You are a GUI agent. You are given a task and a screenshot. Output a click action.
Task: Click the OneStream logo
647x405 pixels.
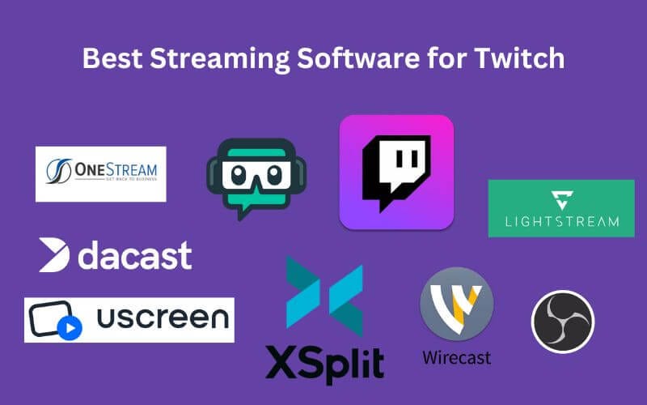(x=100, y=173)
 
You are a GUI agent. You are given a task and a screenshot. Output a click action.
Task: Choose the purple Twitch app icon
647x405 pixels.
(x=396, y=172)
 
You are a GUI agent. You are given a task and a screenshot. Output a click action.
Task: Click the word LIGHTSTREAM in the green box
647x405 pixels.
(x=560, y=221)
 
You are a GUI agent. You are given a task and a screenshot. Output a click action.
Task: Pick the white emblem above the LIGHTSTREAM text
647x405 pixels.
(x=561, y=199)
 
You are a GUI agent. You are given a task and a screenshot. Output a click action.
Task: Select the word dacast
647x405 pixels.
(x=134, y=256)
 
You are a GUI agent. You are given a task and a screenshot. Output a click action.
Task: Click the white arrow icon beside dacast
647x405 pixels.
(x=55, y=256)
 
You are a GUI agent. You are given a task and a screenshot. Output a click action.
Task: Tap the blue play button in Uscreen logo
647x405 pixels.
(x=70, y=327)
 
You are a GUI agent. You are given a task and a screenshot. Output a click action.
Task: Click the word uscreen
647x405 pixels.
(x=162, y=318)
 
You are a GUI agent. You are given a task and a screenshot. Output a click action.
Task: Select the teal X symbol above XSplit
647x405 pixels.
(x=323, y=298)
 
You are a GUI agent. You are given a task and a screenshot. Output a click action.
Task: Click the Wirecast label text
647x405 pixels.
(x=456, y=356)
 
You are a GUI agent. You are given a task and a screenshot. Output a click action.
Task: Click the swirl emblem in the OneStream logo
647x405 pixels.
(x=60, y=173)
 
